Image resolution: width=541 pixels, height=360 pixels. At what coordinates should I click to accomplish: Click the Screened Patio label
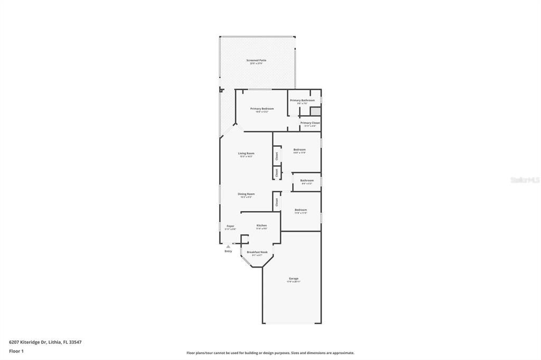coord(256,61)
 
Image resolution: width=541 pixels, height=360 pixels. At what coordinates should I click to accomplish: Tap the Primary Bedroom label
coord(262,109)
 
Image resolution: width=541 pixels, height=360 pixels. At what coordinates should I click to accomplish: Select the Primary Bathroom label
coord(302,100)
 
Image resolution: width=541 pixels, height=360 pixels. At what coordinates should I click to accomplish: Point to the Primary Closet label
coord(310,123)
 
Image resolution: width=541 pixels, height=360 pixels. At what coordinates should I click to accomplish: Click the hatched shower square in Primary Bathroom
coord(315,111)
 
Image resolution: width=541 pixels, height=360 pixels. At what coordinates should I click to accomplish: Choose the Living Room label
coord(246,154)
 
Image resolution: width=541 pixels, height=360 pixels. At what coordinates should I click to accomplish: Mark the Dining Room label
coord(246,194)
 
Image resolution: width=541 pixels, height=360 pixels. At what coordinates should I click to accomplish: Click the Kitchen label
coord(262,226)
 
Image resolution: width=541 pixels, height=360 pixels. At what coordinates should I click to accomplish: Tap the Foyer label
coord(230,226)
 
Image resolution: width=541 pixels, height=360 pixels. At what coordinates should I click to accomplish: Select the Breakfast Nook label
coord(257,252)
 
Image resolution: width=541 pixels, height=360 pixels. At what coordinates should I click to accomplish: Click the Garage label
coord(293,279)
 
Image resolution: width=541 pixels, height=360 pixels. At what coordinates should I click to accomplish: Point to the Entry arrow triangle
coord(228,246)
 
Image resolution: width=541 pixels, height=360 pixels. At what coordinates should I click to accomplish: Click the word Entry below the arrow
coord(228,251)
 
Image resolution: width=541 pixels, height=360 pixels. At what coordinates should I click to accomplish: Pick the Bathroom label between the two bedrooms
coord(307,181)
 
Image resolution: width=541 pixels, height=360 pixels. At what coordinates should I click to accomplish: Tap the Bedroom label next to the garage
coord(301,210)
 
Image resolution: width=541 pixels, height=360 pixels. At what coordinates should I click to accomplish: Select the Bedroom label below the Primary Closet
coord(300,150)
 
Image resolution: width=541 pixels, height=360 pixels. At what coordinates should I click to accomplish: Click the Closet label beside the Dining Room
coord(276,202)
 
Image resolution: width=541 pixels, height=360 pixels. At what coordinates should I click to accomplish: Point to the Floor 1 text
coord(16,351)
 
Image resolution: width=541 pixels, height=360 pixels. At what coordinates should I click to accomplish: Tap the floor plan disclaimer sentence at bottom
coord(270,353)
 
